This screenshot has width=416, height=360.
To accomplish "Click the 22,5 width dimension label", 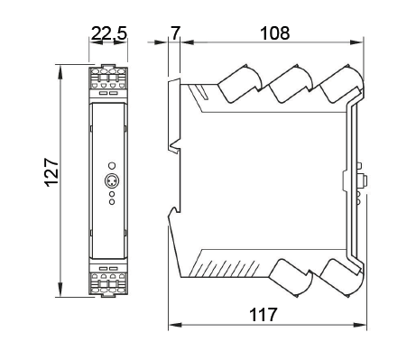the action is point(109,33).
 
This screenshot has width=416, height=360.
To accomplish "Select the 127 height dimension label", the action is point(51,172).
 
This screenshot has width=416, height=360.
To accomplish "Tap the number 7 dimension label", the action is point(175,33).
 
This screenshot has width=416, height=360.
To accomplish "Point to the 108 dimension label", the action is point(275,33).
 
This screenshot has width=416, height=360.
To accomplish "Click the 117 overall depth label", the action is point(263,315).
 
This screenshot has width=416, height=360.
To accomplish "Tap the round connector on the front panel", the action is point(112,180).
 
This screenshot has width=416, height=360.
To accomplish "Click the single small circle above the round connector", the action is point(112,166).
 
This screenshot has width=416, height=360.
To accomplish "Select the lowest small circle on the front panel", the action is point(112,202).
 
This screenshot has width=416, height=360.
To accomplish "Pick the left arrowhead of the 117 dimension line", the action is point(175,325).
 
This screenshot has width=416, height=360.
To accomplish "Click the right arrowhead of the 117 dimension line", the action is point(360,325).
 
